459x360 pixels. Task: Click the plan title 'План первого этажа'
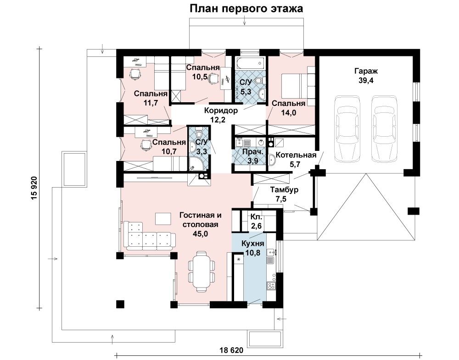246,9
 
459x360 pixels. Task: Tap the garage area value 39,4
366,80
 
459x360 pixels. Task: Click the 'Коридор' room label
221,111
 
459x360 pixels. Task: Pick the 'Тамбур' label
284,189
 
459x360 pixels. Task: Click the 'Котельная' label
296,155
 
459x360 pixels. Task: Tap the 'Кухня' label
253,244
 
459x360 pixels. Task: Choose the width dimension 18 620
231,350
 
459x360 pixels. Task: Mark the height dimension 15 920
34,188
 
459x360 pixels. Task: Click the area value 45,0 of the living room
201,234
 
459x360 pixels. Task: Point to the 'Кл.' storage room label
257,217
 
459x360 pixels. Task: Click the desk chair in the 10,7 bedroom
146,144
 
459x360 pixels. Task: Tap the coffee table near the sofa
163,218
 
